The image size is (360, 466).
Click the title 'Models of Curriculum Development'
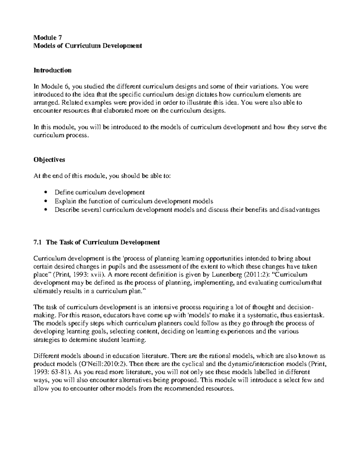[x=87, y=46]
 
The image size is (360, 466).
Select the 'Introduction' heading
[x=52, y=71]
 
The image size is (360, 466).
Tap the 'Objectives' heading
[x=49, y=160]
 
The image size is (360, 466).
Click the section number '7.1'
[x=38, y=242]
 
